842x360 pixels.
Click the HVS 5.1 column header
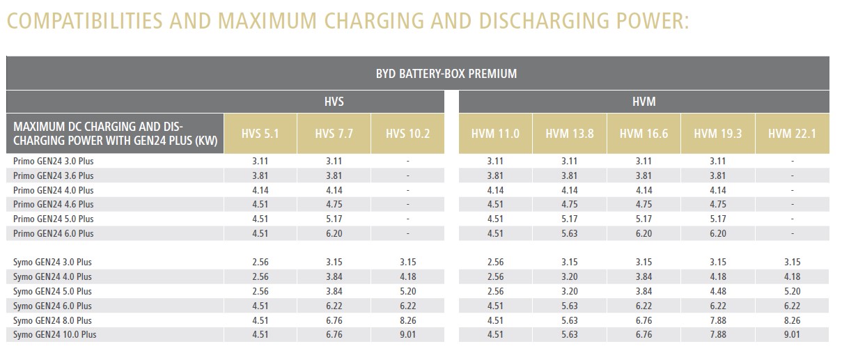click(x=260, y=133)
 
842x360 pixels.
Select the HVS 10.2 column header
click(x=407, y=133)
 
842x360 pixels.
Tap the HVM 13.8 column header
click(x=570, y=133)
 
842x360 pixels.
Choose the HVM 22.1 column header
click(x=791, y=133)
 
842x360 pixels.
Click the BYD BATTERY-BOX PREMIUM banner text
click(x=446, y=73)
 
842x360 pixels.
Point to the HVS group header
click(x=334, y=102)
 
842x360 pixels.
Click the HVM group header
click(x=644, y=102)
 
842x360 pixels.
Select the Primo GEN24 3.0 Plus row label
click(x=53, y=161)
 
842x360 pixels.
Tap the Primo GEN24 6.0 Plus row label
click(x=53, y=233)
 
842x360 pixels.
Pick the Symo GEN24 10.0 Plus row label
click(x=54, y=335)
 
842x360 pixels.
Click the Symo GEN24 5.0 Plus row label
click(x=52, y=291)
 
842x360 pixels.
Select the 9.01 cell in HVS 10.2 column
click(x=407, y=335)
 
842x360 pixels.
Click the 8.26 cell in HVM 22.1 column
click(x=791, y=320)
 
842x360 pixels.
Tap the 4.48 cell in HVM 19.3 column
click(x=717, y=291)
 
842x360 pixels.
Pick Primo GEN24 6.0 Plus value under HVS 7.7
click(x=334, y=233)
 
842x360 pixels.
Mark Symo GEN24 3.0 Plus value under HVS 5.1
click(x=260, y=263)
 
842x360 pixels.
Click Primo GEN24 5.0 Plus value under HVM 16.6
click(x=644, y=219)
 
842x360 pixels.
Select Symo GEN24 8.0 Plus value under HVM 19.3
click(x=717, y=320)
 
